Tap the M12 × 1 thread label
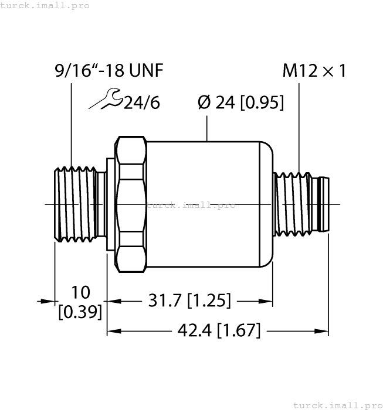tap(314, 71)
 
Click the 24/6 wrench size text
tap(141, 102)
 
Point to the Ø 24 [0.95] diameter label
tap(240, 102)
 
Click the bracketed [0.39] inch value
tap(80, 312)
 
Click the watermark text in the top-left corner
tap(45, 5)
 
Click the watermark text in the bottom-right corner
tap(337, 405)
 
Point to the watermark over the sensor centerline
tap(191, 205)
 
